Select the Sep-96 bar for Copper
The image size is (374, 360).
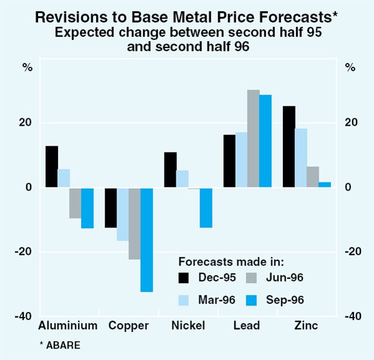click(x=146, y=239)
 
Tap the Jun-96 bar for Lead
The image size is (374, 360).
click(x=254, y=139)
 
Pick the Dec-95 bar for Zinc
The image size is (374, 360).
click(x=289, y=147)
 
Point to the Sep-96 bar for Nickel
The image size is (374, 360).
click(x=206, y=207)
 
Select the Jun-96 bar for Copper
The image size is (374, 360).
click(x=135, y=223)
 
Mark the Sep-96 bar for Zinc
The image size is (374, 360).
click(x=325, y=184)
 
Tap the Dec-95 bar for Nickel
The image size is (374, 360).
click(x=170, y=169)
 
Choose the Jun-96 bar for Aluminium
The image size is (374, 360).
click(x=75, y=202)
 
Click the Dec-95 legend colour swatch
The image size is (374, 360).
click(x=184, y=278)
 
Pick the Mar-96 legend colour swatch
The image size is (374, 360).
click(x=184, y=300)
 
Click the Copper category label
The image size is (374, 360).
click(x=128, y=326)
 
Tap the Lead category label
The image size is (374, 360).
click(x=247, y=326)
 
